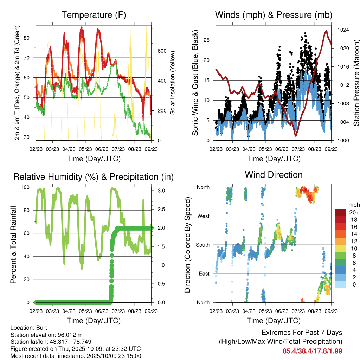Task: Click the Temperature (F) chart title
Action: (x=94, y=15)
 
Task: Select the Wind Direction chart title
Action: (x=274, y=175)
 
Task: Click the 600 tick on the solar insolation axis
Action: (x=162, y=51)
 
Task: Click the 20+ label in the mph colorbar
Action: (x=354, y=212)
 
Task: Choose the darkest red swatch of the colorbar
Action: (x=340, y=212)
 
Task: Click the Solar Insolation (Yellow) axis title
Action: (x=173, y=83)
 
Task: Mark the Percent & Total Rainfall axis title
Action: (x=14, y=245)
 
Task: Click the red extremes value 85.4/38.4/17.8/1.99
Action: (x=312, y=351)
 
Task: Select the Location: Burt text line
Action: (x=26, y=327)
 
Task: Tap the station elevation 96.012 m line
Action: (x=46, y=335)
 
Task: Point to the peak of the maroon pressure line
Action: (x=326, y=31)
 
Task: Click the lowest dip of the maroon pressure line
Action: (x=296, y=136)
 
